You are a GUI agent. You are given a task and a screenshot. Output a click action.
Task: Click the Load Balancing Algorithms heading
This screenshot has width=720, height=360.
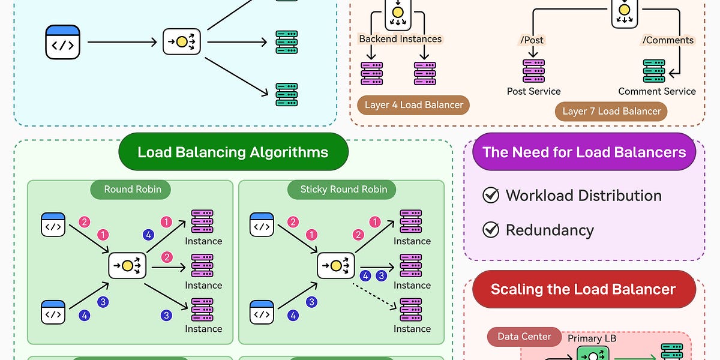point(233,152)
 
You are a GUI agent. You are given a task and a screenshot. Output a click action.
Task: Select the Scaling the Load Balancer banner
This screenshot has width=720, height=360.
point(583,289)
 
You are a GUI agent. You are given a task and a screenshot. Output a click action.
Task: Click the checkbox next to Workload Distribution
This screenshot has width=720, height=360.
point(491,196)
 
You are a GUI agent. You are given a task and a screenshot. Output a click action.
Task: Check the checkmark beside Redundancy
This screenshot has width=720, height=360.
point(491,230)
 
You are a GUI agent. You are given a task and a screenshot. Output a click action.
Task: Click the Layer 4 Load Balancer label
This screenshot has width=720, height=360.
point(414,104)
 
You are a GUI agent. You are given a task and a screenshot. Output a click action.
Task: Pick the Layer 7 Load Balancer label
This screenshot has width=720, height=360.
point(611,111)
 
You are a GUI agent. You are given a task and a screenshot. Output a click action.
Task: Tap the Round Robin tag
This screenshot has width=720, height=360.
point(133,189)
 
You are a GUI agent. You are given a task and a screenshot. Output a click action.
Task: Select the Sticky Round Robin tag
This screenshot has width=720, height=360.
point(344,189)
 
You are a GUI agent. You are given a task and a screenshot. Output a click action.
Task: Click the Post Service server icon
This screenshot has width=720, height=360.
point(533,71)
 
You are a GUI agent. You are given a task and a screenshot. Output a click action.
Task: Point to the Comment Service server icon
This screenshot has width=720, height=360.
point(653,71)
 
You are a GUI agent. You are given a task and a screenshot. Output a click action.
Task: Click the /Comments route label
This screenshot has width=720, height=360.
point(668,40)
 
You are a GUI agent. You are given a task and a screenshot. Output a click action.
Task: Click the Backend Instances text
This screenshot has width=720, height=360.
point(400,39)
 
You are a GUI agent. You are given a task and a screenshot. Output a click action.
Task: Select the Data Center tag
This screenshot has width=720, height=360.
point(524,337)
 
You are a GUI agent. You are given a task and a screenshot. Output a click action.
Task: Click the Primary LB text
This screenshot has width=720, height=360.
point(592,338)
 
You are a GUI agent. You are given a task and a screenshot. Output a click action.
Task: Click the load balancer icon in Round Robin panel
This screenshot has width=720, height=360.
point(127,265)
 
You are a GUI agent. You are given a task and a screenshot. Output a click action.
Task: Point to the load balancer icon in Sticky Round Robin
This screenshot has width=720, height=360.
point(336,265)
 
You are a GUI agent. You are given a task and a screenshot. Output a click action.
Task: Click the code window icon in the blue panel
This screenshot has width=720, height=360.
point(62,42)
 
